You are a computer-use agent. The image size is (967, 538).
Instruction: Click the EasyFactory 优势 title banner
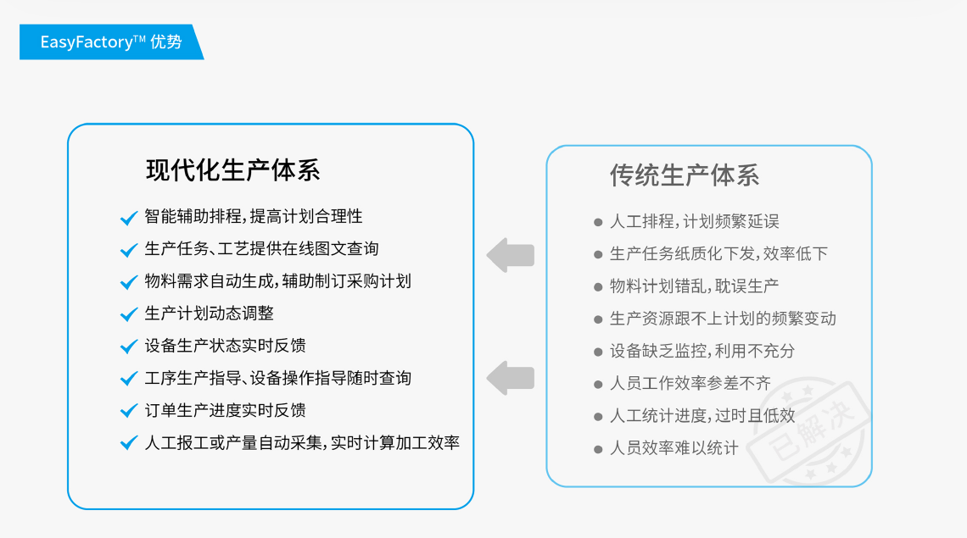[111, 42]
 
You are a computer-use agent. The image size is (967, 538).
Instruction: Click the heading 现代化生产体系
[233, 170]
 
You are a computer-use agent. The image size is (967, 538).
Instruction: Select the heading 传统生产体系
[685, 175]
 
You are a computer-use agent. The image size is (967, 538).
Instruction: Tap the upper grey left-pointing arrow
[511, 254]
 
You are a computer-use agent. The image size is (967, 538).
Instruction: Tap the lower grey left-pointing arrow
[511, 378]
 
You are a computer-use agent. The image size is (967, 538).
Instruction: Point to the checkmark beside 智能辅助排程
[129, 218]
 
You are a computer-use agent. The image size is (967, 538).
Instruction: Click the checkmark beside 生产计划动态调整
[129, 314]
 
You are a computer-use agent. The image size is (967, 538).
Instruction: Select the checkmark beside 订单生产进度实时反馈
[129, 411]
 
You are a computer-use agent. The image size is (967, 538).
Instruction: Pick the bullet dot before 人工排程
[598, 223]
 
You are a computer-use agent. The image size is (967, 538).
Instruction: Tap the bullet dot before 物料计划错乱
[598, 287]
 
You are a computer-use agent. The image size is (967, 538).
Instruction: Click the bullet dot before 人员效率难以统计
[598, 449]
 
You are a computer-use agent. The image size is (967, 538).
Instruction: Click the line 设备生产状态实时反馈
[225, 346]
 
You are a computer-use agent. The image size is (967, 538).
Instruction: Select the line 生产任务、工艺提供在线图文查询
[261, 248]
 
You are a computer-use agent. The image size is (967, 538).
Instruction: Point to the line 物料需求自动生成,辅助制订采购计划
[277, 281]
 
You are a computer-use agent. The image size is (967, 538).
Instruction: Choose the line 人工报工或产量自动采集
[302, 442]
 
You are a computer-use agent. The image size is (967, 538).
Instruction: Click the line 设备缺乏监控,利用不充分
[702, 351]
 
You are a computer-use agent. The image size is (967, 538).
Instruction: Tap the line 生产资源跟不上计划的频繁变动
[723, 319]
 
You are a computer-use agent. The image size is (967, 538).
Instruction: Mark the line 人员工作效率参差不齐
[690, 383]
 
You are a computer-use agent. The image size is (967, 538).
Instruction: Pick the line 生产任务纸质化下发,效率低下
[718, 253]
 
